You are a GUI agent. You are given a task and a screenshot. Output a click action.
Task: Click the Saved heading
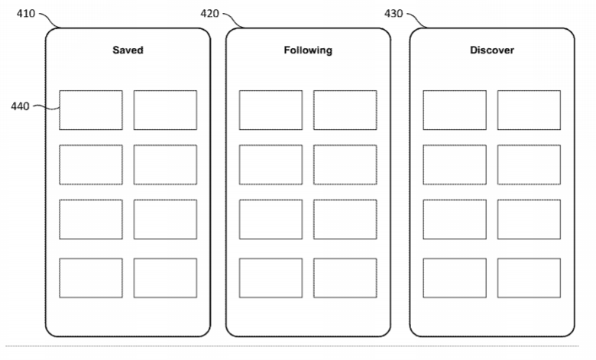point(128,50)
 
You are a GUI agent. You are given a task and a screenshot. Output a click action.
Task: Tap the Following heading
point(308,50)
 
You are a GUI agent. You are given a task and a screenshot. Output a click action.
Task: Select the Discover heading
point(492,50)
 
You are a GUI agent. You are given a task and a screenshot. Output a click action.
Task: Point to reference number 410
point(26,14)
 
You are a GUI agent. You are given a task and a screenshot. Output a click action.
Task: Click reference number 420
point(210,14)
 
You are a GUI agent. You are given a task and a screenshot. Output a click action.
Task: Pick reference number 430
point(394,14)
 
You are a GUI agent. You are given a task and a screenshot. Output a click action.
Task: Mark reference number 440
point(20,106)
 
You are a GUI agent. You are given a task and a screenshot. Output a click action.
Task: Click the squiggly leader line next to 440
point(47,108)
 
